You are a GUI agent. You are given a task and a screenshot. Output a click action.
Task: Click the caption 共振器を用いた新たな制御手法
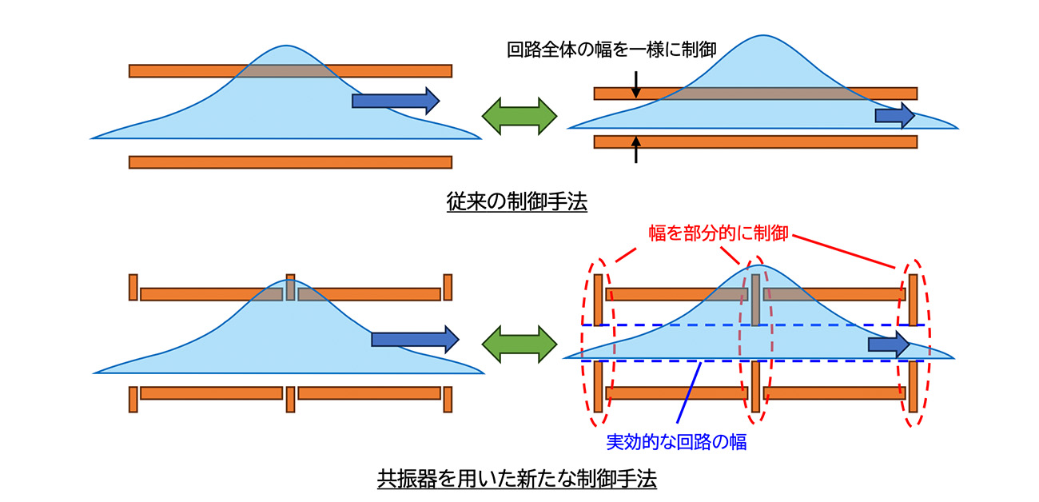[x=516, y=480]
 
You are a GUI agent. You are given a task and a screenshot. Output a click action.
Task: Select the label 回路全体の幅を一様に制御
[x=611, y=50]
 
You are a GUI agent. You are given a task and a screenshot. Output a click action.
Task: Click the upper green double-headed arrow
[x=519, y=116]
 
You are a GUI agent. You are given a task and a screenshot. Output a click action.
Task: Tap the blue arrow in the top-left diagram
[x=396, y=100]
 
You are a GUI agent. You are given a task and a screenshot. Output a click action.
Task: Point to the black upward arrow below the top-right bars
[x=636, y=151]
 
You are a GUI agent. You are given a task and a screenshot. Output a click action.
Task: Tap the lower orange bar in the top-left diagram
[x=290, y=162]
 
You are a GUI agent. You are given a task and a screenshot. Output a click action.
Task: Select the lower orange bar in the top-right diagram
[x=755, y=142]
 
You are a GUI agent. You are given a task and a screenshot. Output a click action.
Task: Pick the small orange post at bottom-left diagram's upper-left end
[x=133, y=287]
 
